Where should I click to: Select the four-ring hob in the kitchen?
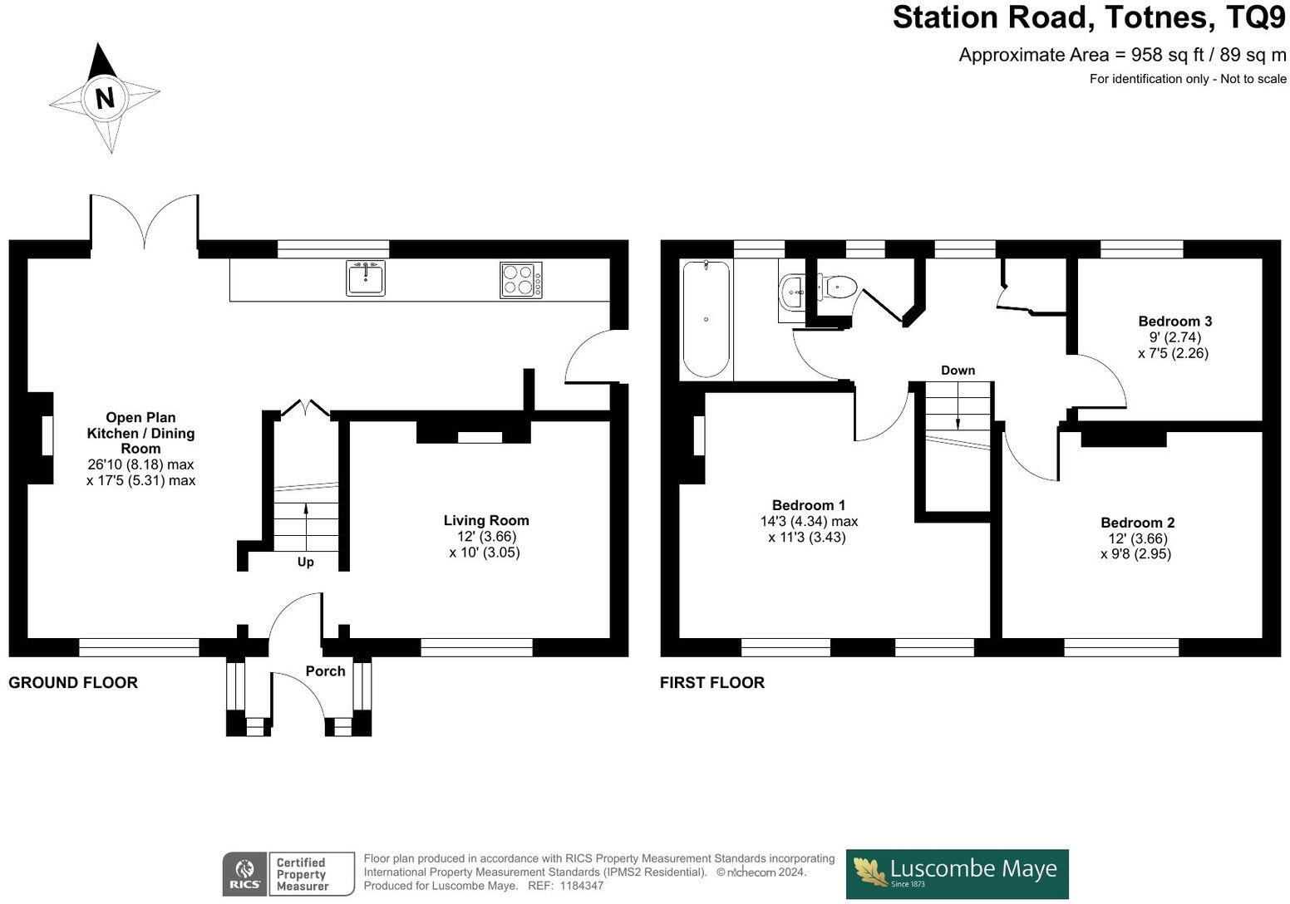pyautogui.click(x=521, y=279)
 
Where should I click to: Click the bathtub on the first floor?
pyautogui.click(x=707, y=320)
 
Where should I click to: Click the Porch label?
pyautogui.click(x=325, y=671)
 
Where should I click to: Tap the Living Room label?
pyautogui.click(x=486, y=521)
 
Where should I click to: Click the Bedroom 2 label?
pyautogui.click(x=1137, y=523)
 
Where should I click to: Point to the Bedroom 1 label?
pyautogui.click(x=809, y=505)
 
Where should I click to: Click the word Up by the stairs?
pyautogui.click(x=306, y=563)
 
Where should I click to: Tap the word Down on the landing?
pyautogui.click(x=958, y=371)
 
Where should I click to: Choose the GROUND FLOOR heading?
pyautogui.click(x=73, y=683)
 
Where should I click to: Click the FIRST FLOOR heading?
pyautogui.click(x=712, y=683)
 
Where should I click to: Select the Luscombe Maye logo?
pyautogui.click(x=957, y=873)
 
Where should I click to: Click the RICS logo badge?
pyautogui.click(x=244, y=874)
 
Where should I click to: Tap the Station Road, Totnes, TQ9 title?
pyautogui.click(x=1089, y=17)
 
